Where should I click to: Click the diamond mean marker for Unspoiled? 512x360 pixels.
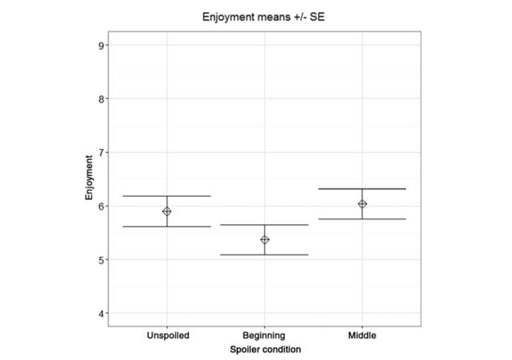click(167, 211)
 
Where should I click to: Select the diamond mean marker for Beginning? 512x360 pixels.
click(265, 240)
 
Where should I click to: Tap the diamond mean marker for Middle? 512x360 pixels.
click(362, 204)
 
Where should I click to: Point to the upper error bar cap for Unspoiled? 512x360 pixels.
click(167, 196)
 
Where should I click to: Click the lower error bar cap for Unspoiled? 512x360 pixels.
click(167, 226)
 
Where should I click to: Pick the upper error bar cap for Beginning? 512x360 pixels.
click(265, 225)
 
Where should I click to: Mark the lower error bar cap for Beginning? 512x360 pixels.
click(265, 254)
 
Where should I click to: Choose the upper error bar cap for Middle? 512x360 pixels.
click(362, 189)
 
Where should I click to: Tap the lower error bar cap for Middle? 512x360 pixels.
click(362, 219)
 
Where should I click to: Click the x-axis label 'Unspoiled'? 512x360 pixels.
click(168, 335)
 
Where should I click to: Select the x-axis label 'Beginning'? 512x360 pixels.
click(265, 335)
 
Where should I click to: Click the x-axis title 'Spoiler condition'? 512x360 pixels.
click(265, 349)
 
